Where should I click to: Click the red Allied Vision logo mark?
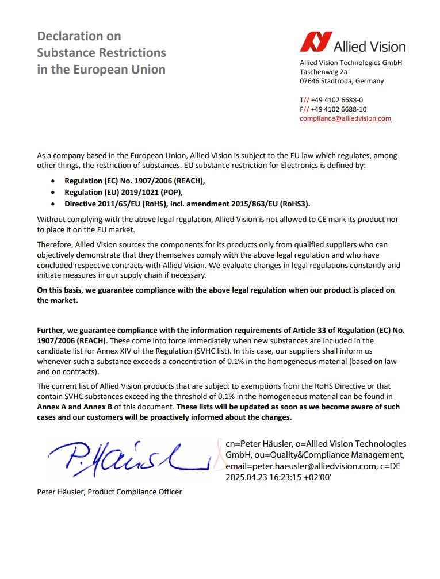pyautogui.click(x=316, y=42)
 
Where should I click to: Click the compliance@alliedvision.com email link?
pyautogui.click(x=345, y=118)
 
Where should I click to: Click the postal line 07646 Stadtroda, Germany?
pyautogui.click(x=342, y=81)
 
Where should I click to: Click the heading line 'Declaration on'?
pyautogui.click(x=79, y=36)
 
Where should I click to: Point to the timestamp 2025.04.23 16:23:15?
pyautogui.click(x=278, y=477)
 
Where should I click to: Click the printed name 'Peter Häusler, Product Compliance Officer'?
pyautogui.click(x=109, y=492)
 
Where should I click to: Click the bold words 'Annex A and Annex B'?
pyautogui.click(x=75, y=407)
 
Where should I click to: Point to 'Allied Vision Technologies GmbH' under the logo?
pyautogui.click(x=350, y=63)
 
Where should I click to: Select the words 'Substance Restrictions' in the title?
pyautogui.click(x=101, y=53)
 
